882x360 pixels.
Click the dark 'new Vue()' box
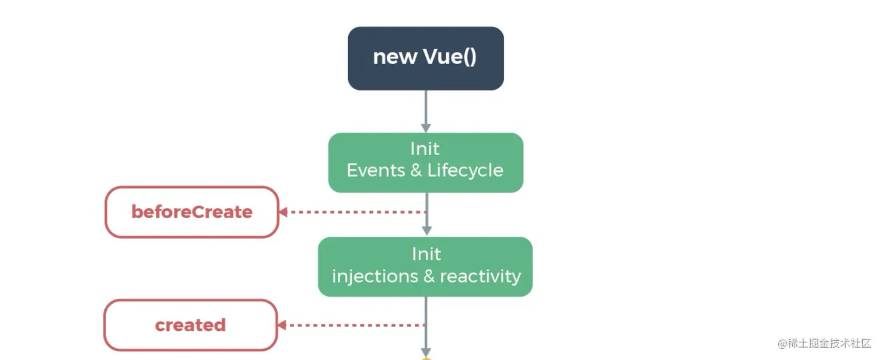click(x=426, y=58)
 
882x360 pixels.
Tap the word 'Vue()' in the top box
click(x=450, y=57)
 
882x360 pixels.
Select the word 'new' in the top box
click(x=395, y=58)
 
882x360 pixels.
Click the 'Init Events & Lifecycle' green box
click(x=426, y=163)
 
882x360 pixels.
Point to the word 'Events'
click(x=376, y=170)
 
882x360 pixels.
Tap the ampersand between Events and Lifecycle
click(x=416, y=170)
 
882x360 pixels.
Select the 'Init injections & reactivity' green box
click(x=425, y=267)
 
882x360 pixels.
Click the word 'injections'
click(x=375, y=277)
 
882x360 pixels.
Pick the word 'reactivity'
click(x=480, y=277)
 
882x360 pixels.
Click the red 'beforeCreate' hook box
click(x=192, y=212)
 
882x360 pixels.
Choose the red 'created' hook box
click(x=191, y=325)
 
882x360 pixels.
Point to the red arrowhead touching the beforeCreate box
click(x=283, y=212)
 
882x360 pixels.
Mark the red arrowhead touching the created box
click(x=282, y=325)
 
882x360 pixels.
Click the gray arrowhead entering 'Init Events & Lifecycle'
click(x=426, y=128)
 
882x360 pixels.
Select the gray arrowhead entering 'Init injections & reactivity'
click(x=427, y=231)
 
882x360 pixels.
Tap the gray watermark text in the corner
click(x=824, y=344)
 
